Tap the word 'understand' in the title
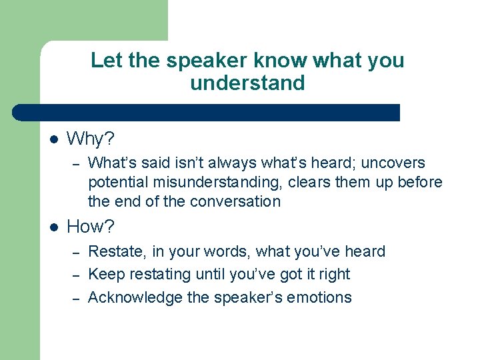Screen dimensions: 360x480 tap(247, 83)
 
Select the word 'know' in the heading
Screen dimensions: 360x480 tap(279, 61)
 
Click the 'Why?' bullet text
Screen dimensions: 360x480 tap(91, 139)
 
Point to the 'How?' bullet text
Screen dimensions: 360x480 tap(91, 227)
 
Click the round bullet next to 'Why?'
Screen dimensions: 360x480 tap(55, 140)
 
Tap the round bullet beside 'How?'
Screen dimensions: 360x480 tap(55, 227)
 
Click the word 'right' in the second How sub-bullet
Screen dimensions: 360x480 tap(333, 275)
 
